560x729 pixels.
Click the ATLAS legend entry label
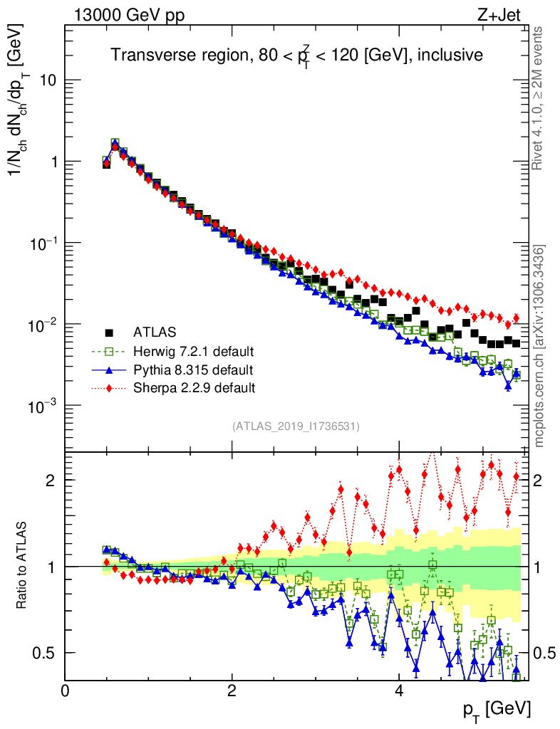[x=155, y=332]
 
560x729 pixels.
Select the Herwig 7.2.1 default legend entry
[x=193, y=351]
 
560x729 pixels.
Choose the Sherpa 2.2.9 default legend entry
[x=194, y=388]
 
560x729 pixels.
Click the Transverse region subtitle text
[x=296, y=55]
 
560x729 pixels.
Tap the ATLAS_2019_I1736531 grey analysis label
[x=296, y=426]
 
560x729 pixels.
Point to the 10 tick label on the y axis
[x=47, y=80]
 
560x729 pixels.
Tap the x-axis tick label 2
[x=232, y=690]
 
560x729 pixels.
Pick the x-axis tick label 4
[x=399, y=690]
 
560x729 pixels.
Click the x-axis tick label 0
[x=65, y=690]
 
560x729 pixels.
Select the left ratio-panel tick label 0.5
[x=45, y=653]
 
